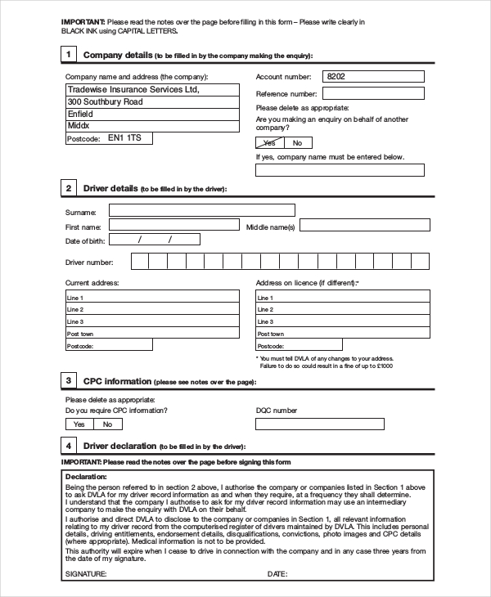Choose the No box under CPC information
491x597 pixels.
(x=107, y=424)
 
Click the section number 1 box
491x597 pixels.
(x=70, y=55)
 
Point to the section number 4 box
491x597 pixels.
(x=70, y=446)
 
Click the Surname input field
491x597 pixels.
(x=201, y=210)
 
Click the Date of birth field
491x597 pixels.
(x=154, y=240)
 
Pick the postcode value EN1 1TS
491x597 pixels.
(x=124, y=138)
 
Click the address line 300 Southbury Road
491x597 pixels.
(x=151, y=101)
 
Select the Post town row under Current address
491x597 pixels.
(x=151, y=334)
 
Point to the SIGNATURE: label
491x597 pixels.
(x=85, y=574)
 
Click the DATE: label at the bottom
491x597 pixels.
(x=277, y=574)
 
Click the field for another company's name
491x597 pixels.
(x=340, y=170)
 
